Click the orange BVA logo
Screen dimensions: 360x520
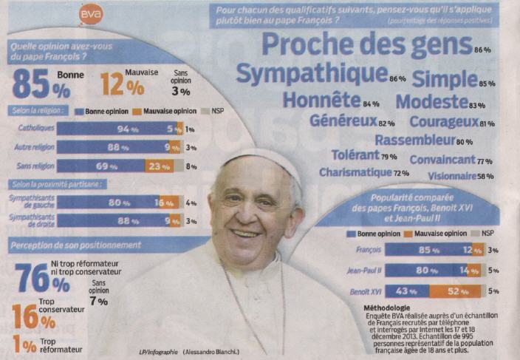click(x=91, y=14)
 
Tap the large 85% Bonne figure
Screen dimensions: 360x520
click(x=41, y=84)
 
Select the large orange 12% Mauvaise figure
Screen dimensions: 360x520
click(x=122, y=84)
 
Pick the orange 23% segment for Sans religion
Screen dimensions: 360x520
click(x=159, y=166)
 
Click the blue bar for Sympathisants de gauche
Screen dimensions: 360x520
click(x=108, y=202)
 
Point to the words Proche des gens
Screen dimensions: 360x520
click(x=366, y=45)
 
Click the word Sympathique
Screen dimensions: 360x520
click(x=312, y=74)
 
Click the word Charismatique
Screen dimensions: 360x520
click(x=355, y=173)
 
